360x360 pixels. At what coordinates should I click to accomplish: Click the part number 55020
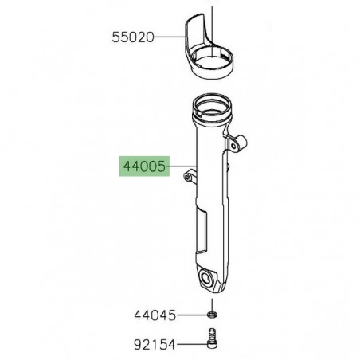coord(132,37)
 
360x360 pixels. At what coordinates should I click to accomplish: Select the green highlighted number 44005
coord(144,167)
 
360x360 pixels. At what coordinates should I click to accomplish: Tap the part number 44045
coord(155,315)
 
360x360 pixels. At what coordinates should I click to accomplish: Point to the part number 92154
coord(155,345)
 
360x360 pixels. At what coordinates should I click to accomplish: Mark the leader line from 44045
coord(190,315)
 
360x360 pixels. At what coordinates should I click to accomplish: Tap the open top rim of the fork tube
coord(211,105)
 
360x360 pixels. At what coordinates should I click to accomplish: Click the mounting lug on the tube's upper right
coord(238,143)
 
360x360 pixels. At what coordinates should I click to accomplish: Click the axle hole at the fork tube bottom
coord(212,280)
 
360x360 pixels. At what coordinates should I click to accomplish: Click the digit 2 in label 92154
coord(144,345)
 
